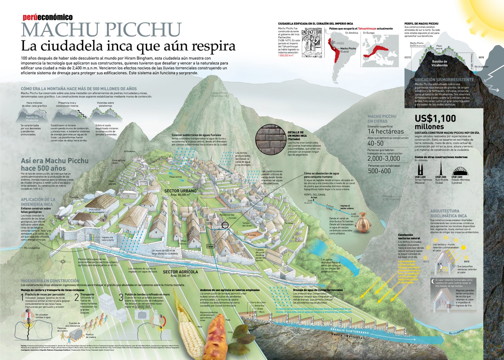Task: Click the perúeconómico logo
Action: pos(48,17)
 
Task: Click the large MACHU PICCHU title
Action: pos(101,30)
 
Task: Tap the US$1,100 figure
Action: pos(435,119)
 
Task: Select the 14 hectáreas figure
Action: pos(386,131)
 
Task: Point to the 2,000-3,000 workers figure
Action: pos(384,158)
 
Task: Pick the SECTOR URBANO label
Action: pos(180,191)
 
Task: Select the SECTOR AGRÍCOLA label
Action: pos(180,272)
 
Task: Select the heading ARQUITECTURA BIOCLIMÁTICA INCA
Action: pos(449,213)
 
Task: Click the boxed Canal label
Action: pos(210,246)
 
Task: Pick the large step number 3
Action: pos(121,297)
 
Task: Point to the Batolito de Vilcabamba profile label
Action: pos(439,63)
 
